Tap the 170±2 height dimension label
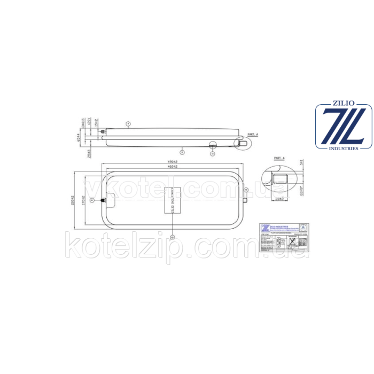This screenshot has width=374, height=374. tap(84, 200)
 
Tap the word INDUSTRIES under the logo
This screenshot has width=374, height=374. tap(344, 149)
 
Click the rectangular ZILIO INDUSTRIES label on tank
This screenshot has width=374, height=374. tap(172, 200)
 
